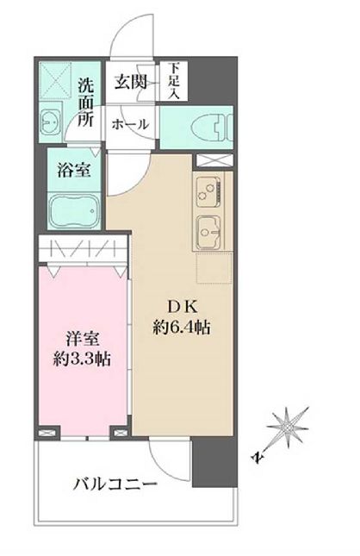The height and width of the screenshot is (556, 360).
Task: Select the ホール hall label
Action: click(x=130, y=124)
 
